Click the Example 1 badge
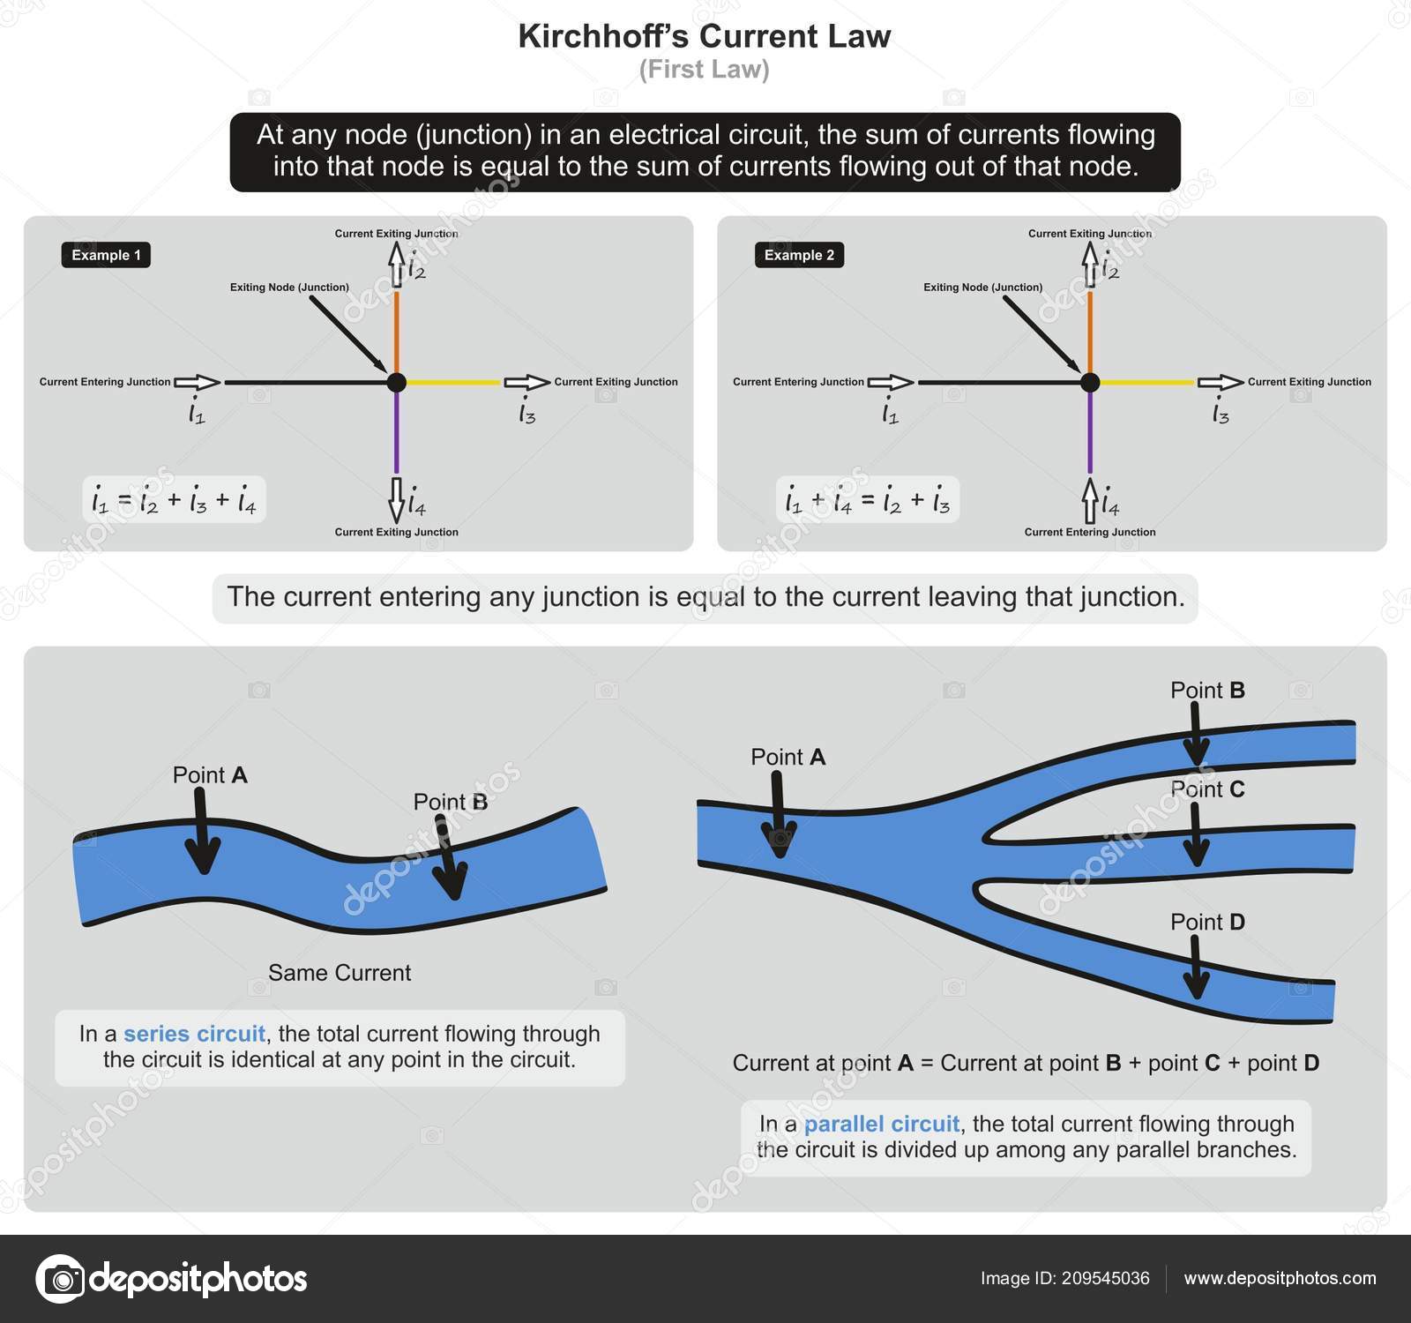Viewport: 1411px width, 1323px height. pos(106,255)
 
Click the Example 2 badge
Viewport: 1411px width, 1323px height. pos(799,255)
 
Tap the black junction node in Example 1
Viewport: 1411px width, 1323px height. pos(397,382)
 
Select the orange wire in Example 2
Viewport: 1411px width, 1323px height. pos(1090,331)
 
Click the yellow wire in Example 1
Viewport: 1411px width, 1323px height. pos(452,382)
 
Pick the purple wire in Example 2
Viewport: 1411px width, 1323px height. pos(1090,432)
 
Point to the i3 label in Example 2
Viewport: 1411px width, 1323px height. pos(1221,412)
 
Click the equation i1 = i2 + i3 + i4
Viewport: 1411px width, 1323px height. pos(174,500)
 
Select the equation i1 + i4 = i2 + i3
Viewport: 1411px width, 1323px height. pos(868,500)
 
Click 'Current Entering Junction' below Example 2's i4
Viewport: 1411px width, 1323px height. pos(1090,532)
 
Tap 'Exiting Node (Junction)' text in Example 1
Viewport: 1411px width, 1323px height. pos(289,287)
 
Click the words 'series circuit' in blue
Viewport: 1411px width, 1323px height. pos(194,1034)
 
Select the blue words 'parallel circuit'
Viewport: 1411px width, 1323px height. pos(881,1124)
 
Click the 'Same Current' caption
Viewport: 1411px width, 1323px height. pos(340,973)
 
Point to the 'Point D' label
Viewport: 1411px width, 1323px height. pos(1207,922)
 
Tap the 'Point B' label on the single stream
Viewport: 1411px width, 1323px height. pos(451,802)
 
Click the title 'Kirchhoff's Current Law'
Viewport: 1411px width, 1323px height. pos(705,36)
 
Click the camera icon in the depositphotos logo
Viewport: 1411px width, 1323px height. pos(60,1278)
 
